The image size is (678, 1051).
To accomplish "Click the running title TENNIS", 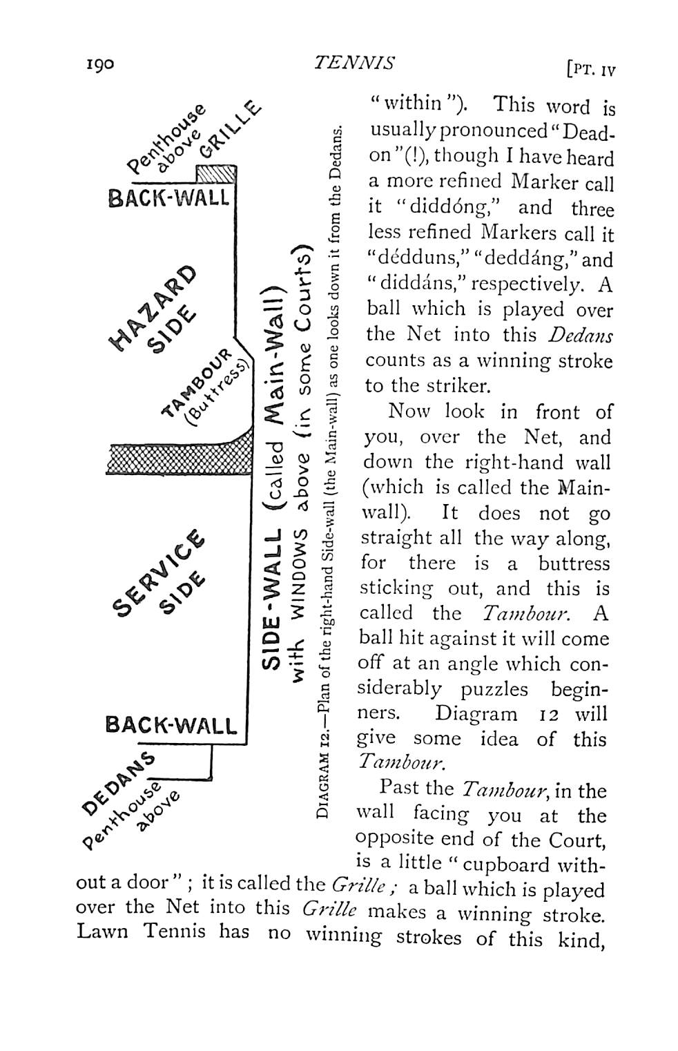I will pyautogui.click(x=354, y=64).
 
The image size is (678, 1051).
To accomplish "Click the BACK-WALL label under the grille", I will pyautogui.click(x=168, y=198).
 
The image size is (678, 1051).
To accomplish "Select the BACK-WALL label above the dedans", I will pyautogui.click(x=171, y=726).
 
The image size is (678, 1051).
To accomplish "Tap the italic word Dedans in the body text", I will pyautogui.click(x=580, y=335).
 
